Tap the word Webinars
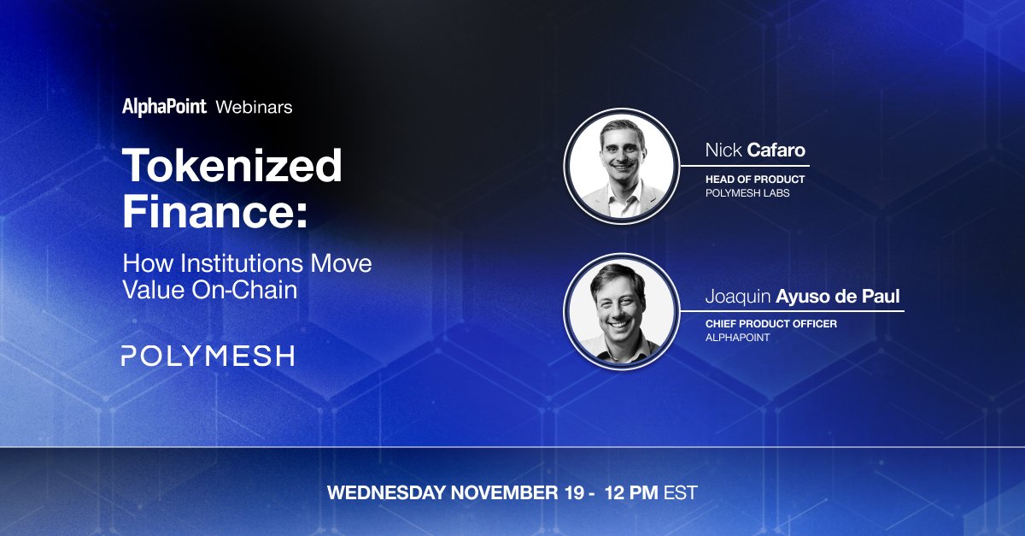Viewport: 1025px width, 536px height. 254,107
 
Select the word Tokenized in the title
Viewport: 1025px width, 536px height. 231,166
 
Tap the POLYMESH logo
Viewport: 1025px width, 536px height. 208,356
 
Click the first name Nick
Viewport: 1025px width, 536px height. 723,151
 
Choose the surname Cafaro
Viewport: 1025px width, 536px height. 776,151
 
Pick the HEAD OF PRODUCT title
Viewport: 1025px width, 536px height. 755,180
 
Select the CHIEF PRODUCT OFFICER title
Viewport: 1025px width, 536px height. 770,324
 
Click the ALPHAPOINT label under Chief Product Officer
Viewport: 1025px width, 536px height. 738,338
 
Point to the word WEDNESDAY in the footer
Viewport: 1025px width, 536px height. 387,493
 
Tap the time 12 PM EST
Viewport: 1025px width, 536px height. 651,493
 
